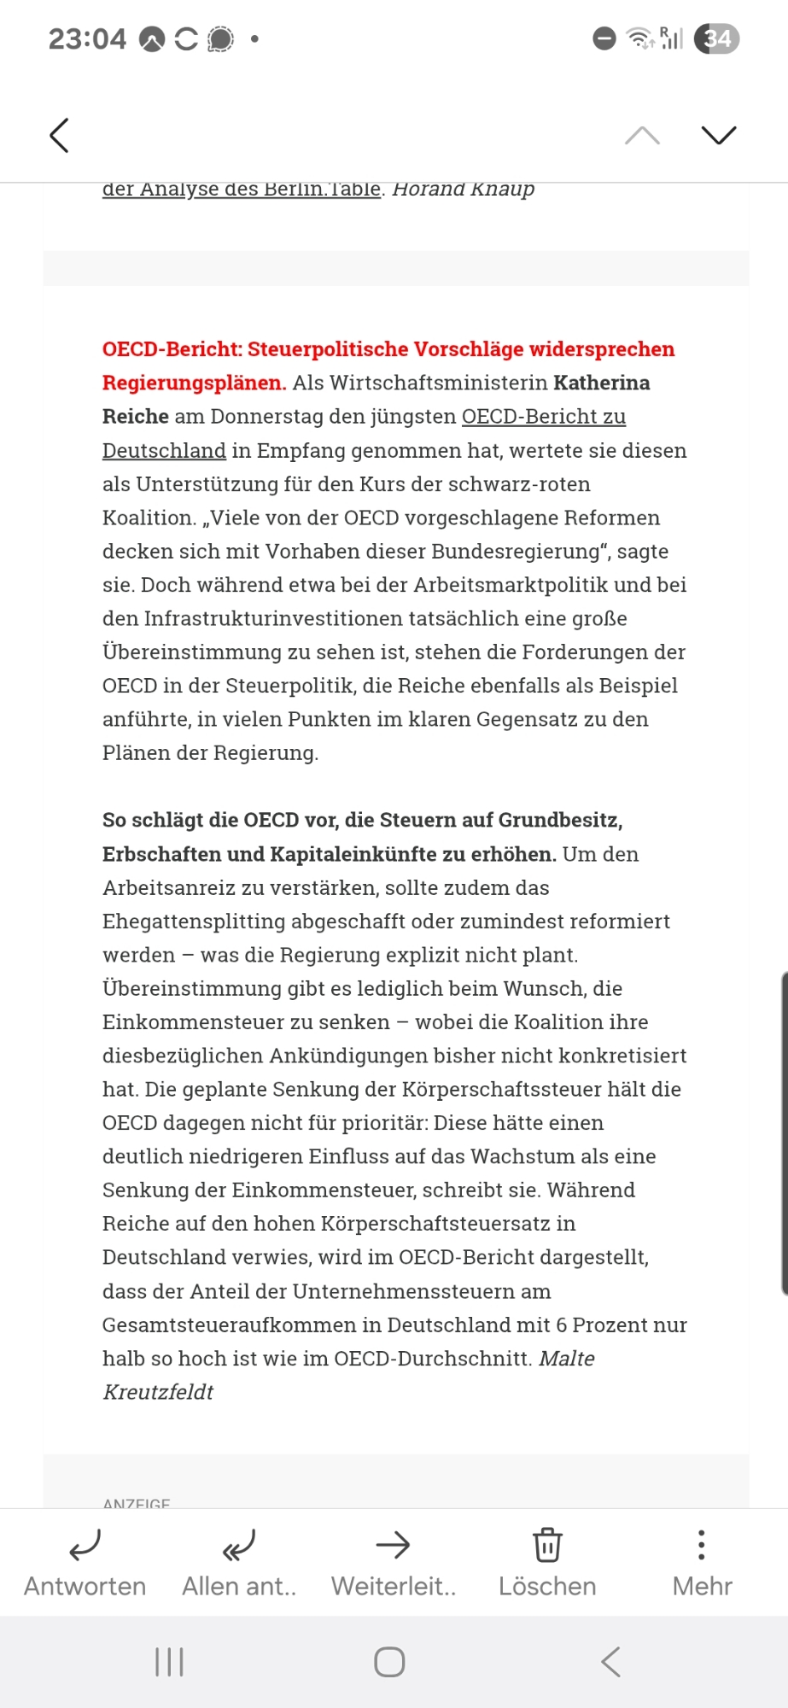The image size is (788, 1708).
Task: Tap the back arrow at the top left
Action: tap(59, 135)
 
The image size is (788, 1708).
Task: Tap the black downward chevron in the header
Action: tap(718, 135)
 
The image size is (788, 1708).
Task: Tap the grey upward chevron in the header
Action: tap(642, 135)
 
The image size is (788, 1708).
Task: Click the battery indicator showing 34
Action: tap(716, 38)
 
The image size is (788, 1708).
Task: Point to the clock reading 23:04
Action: tap(87, 39)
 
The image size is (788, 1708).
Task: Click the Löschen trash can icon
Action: tap(547, 1545)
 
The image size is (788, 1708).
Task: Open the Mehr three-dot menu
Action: tap(702, 1545)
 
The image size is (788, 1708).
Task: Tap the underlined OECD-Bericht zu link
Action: tap(544, 417)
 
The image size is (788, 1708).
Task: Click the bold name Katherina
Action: tap(601, 383)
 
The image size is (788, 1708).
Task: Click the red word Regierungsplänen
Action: tap(194, 383)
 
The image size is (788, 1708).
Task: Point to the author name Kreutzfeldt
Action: tap(158, 1392)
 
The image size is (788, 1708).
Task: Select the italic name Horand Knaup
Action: tap(463, 190)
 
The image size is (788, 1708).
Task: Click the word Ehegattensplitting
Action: tap(194, 921)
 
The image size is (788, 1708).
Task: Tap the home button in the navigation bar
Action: tap(389, 1662)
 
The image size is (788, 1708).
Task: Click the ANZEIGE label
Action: tap(137, 1503)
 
